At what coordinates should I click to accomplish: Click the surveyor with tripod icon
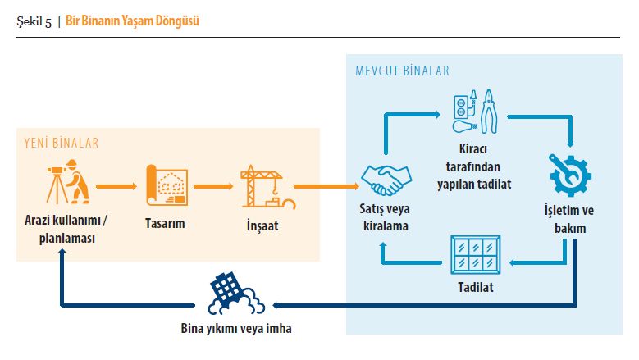pos(68,181)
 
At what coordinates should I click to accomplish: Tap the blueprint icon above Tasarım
pos(167,185)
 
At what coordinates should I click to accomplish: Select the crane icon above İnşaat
pos(267,186)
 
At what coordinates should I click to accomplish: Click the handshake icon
pos(386,180)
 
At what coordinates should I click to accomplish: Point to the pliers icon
pos(489,112)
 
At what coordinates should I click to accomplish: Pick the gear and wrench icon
pos(569,175)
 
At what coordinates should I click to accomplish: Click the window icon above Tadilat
pos(476,254)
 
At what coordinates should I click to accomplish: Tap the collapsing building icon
pos(235,294)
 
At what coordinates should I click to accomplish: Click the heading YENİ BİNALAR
pos(62,143)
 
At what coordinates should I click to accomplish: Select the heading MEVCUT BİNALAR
pos(402,71)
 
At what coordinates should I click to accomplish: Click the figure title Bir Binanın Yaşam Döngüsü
pos(132,21)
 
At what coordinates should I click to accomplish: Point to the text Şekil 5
pos(34,21)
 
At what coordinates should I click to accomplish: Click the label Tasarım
pos(165,223)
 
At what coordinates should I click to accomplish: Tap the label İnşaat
pos(262,226)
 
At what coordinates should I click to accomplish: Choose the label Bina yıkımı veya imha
pos(236,328)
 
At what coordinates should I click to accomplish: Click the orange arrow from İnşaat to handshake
pos(326,186)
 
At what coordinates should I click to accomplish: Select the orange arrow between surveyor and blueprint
pos(116,186)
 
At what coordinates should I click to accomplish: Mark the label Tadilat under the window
pos(476,287)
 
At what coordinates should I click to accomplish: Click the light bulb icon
pos(465,125)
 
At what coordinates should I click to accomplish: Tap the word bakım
pos(570,228)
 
